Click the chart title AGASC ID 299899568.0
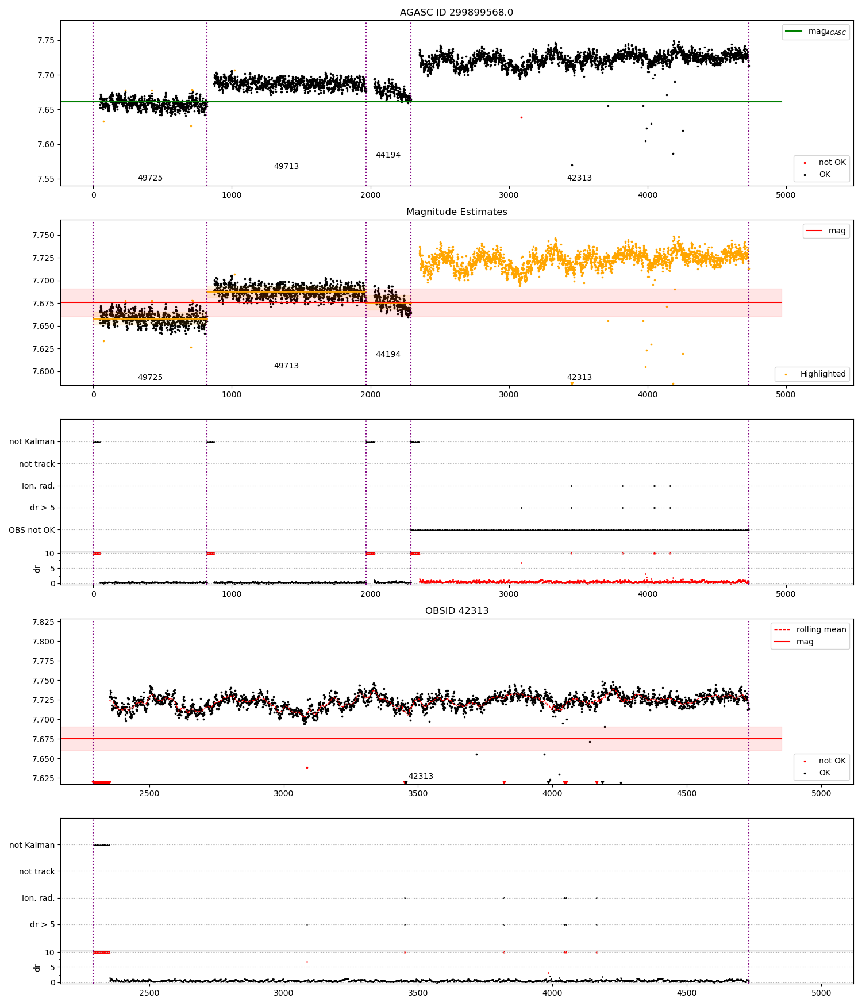tap(456, 13)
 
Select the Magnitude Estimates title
tap(456, 212)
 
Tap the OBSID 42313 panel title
tap(456, 611)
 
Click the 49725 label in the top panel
tap(150, 178)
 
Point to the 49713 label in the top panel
tap(286, 167)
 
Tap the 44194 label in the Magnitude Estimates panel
tap(388, 355)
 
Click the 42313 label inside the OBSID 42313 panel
tap(421, 777)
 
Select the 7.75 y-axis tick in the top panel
tap(46, 41)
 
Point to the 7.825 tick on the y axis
tap(43, 622)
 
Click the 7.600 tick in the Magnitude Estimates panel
tap(43, 371)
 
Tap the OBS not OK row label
tap(32, 530)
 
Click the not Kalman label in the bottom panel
tap(32, 845)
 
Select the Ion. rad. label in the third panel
tap(38, 486)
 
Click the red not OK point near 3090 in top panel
tap(521, 117)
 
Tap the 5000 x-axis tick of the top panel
tap(786, 195)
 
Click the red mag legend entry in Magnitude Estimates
tap(826, 231)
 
